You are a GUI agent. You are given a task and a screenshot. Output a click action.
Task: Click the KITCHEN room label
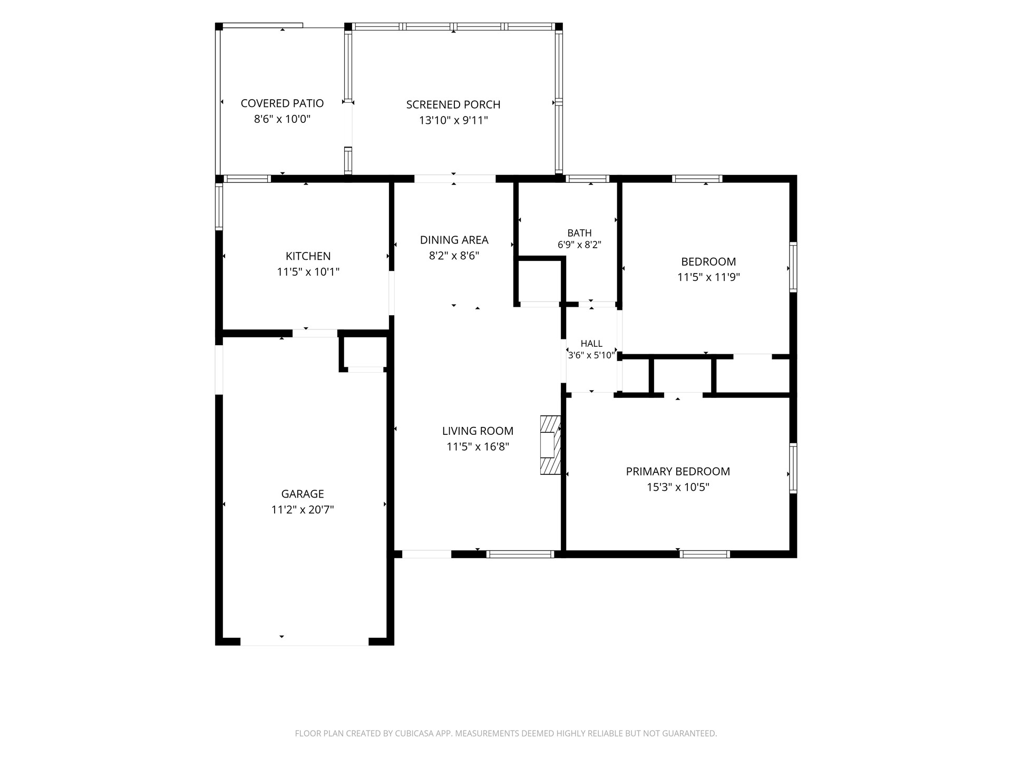pyautogui.click(x=308, y=256)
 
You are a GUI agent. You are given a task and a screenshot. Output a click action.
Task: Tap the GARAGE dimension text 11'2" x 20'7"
pyautogui.click(x=303, y=510)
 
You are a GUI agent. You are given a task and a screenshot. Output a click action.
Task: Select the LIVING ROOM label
pyautogui.click(x=478, y=431)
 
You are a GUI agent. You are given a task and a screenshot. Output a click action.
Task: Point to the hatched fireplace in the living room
pyautogui.click(x=550, y=445)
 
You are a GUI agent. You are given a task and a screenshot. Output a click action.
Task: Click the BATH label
pyautogui.click(x=579, y=233)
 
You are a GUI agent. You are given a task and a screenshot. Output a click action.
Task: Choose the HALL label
pyautogui.click(x=591, y=344)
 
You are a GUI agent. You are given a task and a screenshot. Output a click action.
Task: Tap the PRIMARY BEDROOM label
pyautogui.click(x=678, y=471)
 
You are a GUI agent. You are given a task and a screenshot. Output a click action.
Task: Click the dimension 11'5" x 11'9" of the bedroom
pyautogui.click(x=708, y=277)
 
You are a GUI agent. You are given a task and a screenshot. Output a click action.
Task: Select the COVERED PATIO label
pyautogui.click(x=282, y=103)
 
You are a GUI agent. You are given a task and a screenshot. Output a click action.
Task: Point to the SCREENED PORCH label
pyautogui.click(x=453, y=104)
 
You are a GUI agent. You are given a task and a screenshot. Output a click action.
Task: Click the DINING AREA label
pyautogui.click(x=454, y=240)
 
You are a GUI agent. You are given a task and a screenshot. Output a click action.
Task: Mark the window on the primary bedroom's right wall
pyautogui.click(x=793, y=469)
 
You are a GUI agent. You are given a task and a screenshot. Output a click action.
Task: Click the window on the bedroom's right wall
pyautogui.click(x=793, y=267)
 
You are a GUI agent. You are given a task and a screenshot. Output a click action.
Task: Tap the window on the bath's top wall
pyautogui.click(x=587, y=179)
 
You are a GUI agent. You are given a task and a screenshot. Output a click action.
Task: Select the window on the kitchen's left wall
pyautogui.click(x=219, y=206)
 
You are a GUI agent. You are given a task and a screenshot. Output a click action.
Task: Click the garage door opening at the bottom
pyautogui.click(x=305, y=641)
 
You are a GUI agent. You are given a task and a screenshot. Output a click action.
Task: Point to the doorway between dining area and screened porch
pyautogui.click(x=455, y=179)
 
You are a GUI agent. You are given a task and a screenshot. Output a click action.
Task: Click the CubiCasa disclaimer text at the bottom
pyautogui.click(x=506, y=733)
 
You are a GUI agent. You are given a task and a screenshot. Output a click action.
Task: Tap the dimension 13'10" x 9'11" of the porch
pyautogui.click(x=453, y=121)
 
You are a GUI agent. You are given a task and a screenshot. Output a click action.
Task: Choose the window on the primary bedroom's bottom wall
pyautogui.click(x=705, y=554)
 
